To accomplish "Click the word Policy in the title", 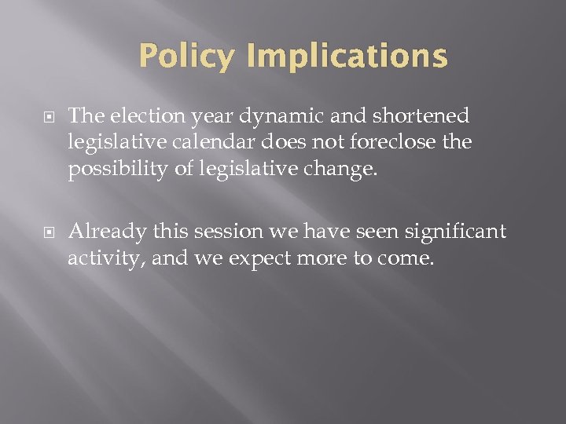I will point(186,57).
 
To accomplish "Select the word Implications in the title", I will point(346,57).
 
